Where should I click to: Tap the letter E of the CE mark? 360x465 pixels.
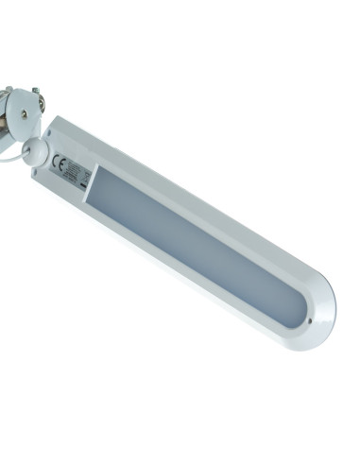click(60, 161)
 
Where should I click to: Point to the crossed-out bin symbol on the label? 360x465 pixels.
click(86, 175)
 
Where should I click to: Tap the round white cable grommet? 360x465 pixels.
click(35, 151)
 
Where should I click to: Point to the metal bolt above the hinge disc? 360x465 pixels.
click(35, 91)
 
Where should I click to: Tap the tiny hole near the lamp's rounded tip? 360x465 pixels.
click(314, 319)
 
